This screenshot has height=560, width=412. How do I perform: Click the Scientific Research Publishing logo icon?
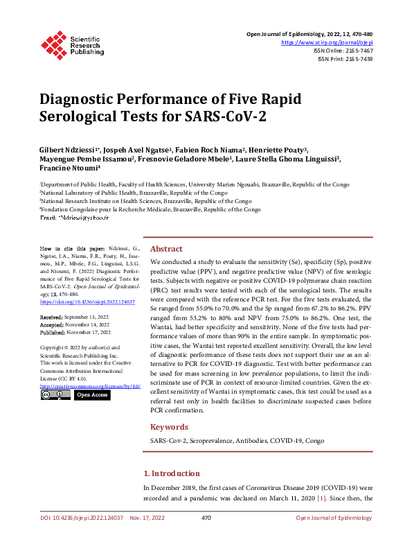pos(53,44)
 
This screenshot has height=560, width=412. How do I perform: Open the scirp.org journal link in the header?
pos(326,42)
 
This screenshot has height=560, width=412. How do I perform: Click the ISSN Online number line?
pos(344,51)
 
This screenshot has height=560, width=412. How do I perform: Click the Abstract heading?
pos(166,249)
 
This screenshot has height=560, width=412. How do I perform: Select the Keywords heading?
pos(169,427)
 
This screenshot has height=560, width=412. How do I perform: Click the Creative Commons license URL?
pos(90,385)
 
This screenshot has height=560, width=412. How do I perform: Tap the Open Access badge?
pos(91,395)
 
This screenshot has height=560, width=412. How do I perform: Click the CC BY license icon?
pos(55,395)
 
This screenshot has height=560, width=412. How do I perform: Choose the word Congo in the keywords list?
pos(315,441)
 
